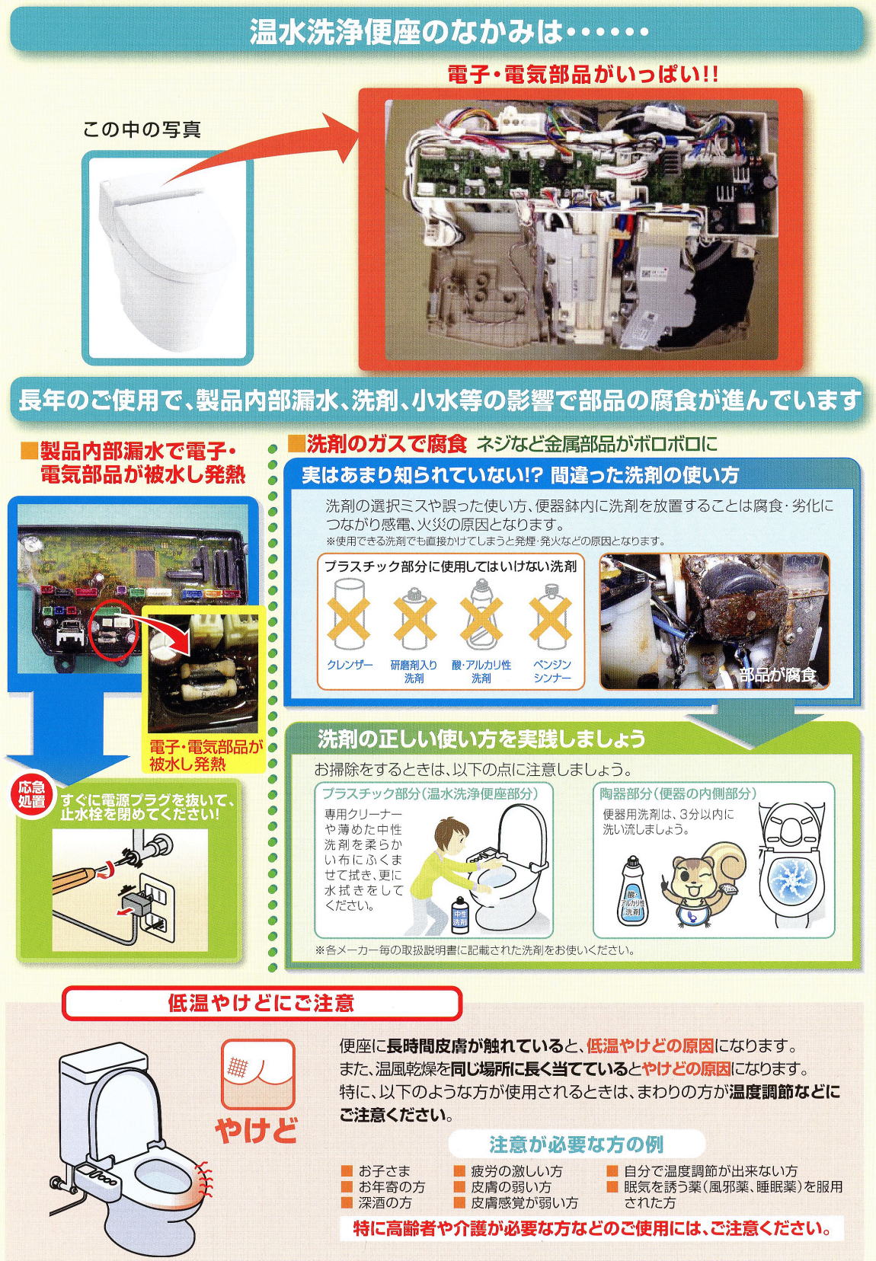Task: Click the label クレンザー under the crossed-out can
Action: pyautogui.click(x=350, y=665)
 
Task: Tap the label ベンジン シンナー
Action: pyautogui.click(x=551, y=671)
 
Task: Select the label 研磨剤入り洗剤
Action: pyautogui.click(x=414, y=671)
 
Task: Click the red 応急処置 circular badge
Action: pyautogui.click(x=31, y=794)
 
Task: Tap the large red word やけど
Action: pyautogui.click(x=256, y=1130)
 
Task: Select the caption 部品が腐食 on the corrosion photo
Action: pyautogui.click(x=778, y=675)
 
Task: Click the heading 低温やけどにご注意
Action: pyautogui.click(x=261, y=1003)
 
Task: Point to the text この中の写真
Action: pyautogui.click(x=142, y=130)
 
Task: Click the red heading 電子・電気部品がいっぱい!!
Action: pyautogui.click(x=583, y=75)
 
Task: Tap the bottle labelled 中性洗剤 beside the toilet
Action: pyautogui.click(x=460, y=915)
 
